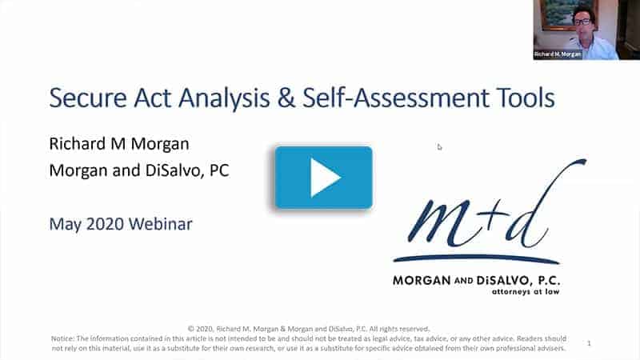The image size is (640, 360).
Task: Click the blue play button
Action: click(x=324, y=178)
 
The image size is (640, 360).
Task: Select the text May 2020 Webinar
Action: click(x=121, y=223)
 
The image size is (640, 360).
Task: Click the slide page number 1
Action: click(x=589, y=344)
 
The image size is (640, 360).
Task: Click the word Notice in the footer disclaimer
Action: click(x=64, y=338)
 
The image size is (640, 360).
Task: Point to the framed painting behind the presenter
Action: click(x=558, y=14)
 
